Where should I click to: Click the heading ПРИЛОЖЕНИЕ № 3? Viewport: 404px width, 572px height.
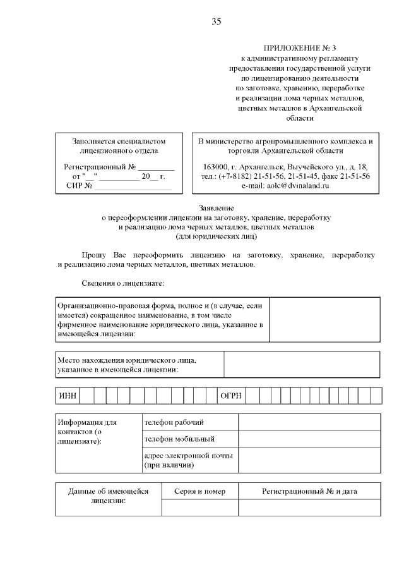coord(297,48)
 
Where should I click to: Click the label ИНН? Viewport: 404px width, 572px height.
coord(67,396)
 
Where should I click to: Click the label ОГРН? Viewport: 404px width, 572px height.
coord(230,396)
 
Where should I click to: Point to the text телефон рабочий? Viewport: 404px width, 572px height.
coord(174,422)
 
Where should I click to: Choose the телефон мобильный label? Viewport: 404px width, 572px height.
coord(179,438)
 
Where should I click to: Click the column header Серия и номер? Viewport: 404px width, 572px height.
coord(199,491)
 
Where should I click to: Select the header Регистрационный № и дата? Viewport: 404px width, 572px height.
coord(309,491)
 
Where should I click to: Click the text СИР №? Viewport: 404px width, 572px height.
coord(80,186)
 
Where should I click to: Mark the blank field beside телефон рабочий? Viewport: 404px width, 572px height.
coord(309,422)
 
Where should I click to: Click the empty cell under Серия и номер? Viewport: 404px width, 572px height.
coord(199,508)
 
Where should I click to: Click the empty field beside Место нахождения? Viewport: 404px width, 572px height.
coord(302,364)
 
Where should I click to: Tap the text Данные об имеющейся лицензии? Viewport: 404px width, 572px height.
coord(107,496)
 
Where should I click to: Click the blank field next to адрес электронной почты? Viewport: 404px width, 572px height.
coord(309,459)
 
